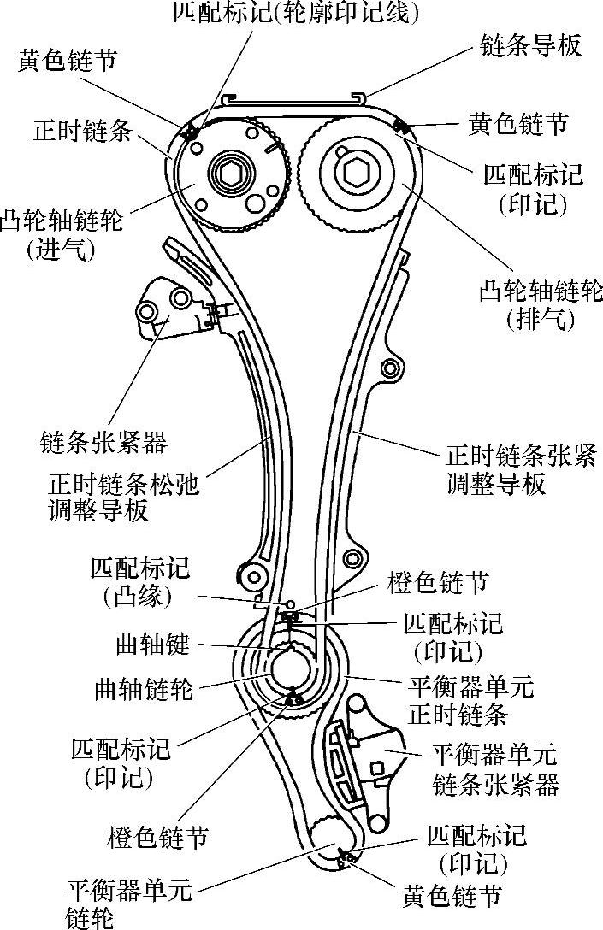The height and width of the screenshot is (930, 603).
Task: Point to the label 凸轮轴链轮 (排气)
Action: [541, 304]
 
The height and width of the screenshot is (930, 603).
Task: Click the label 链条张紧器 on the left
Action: [103, 443]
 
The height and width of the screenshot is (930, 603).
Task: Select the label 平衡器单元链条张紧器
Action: [495, 769]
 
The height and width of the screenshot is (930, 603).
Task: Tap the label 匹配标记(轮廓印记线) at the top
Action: [296, 13]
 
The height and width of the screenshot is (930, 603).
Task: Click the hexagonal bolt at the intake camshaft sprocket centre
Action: [230, 177]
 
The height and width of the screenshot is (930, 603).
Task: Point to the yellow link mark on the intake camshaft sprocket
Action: [189, 131]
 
